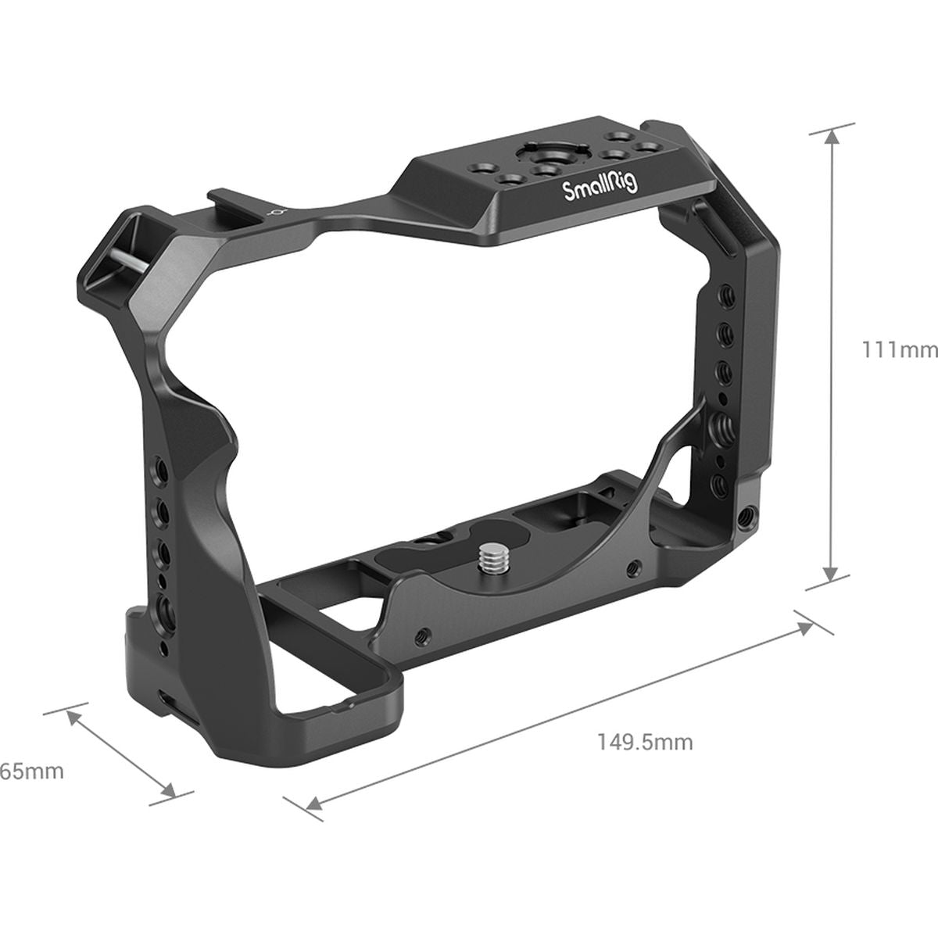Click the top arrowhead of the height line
832,138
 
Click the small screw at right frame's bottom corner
750,515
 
